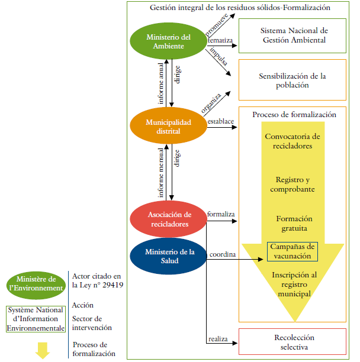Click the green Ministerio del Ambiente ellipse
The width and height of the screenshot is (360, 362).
[169, 41]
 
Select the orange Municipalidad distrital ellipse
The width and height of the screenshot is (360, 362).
[169, 126]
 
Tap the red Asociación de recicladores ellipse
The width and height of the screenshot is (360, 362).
[169, 219]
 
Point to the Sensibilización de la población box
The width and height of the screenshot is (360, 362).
[292, 80]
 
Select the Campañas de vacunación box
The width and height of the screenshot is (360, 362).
[292, 251]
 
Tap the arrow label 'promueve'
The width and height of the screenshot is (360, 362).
[216, 26]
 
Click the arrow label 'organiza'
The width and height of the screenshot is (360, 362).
[211, 102]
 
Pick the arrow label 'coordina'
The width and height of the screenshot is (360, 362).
[222, 254]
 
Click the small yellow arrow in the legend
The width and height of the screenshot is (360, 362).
[41, 350]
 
